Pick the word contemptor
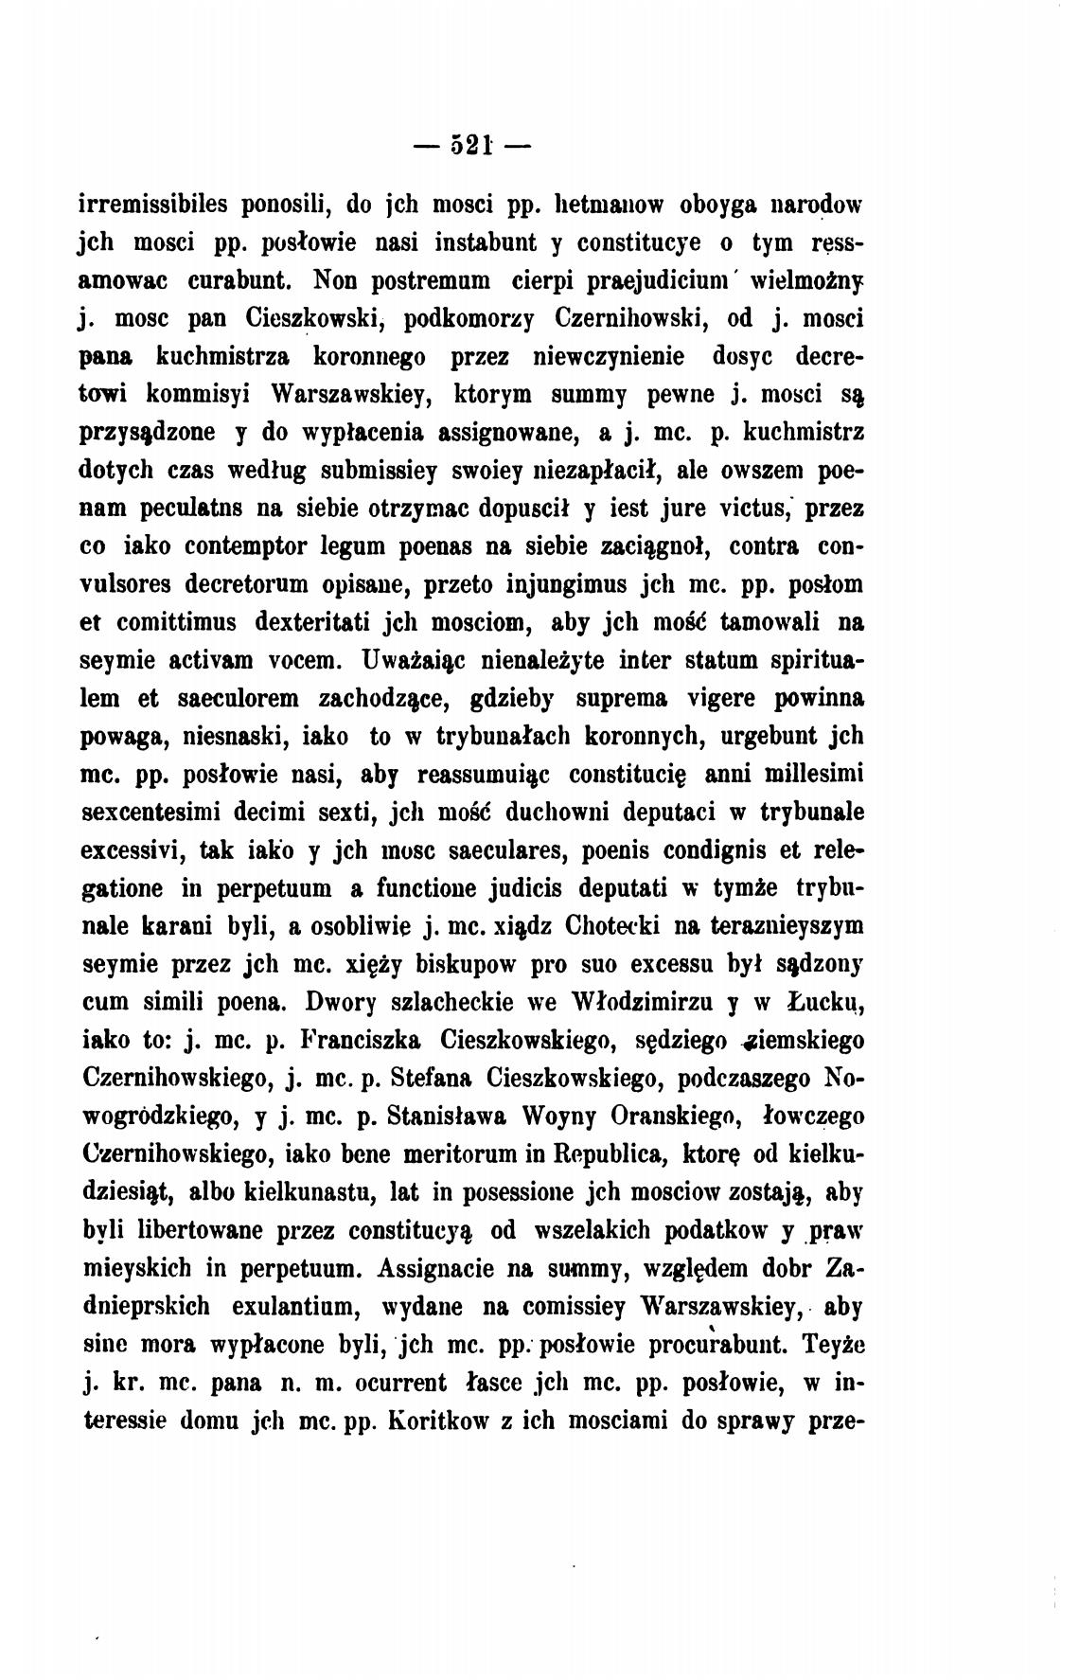[x=253, y=547]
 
